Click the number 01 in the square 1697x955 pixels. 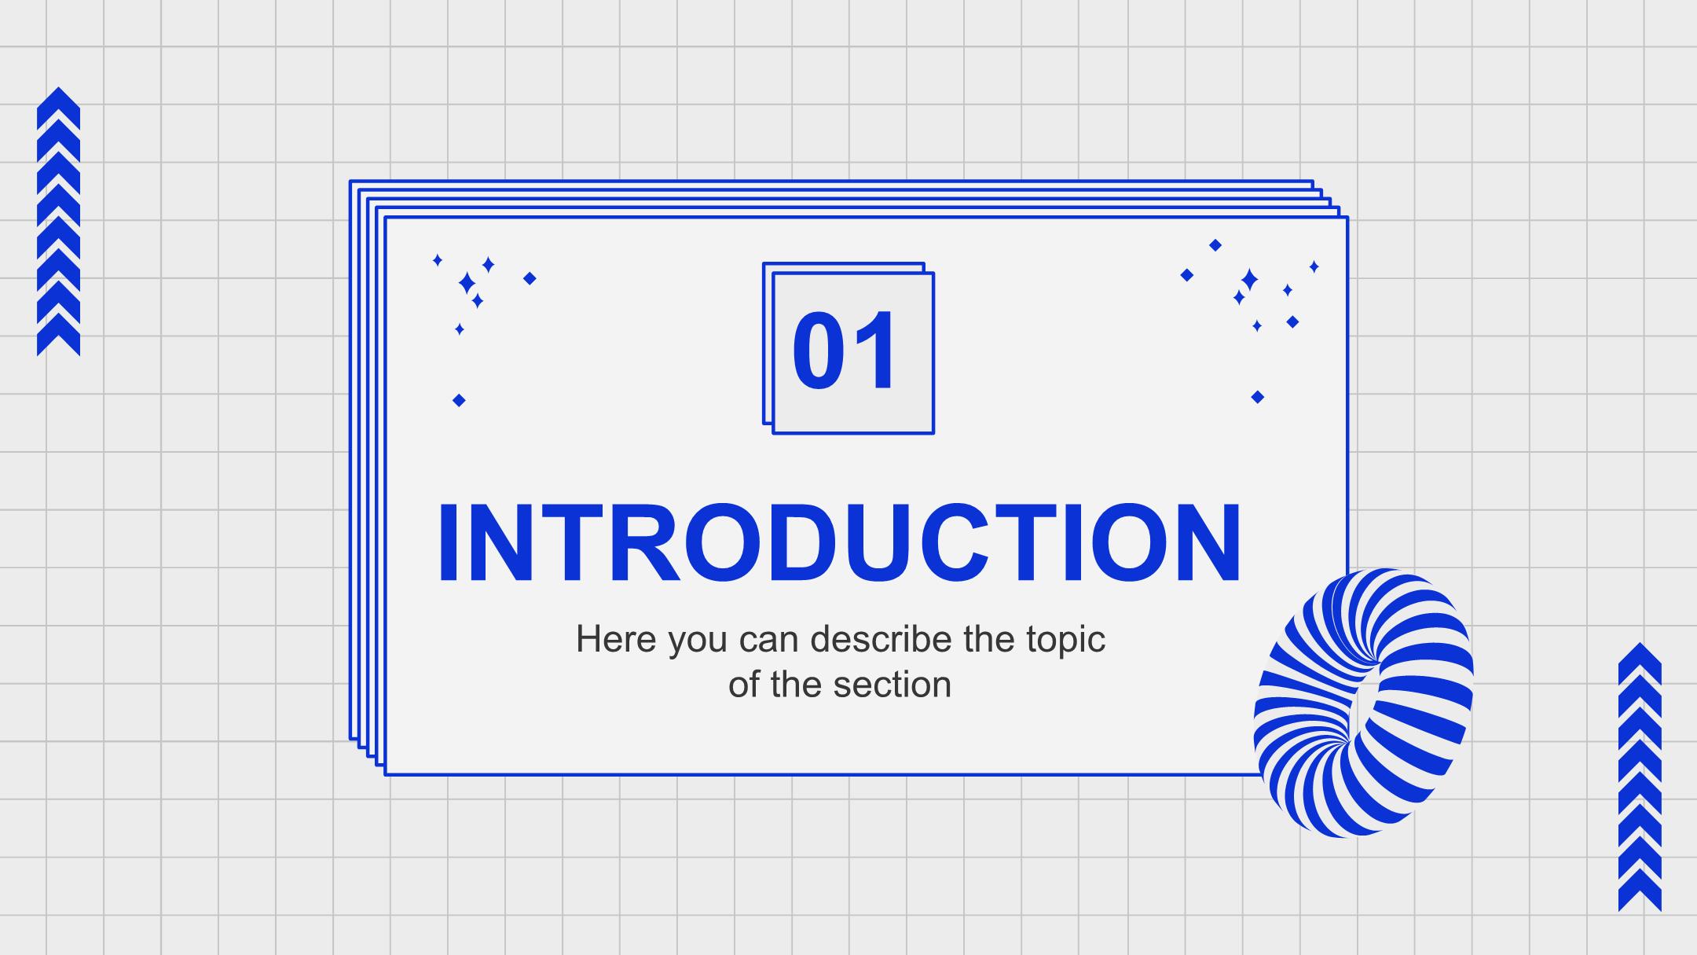click(x=845, y=350)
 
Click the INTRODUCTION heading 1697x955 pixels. click(x=840, y=543)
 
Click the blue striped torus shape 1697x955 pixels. click(x=1364, y=703)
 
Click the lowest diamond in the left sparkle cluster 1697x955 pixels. click(x=459, y=401)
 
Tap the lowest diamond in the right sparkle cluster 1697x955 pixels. click(x=1257, y=397)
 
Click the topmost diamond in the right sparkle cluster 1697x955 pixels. click(x=1215, y=245)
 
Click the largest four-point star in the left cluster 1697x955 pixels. click(x=467, y=283)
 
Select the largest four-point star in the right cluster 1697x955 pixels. click(x=1249, y=279)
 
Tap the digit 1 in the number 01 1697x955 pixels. click(x=875, y=350)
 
